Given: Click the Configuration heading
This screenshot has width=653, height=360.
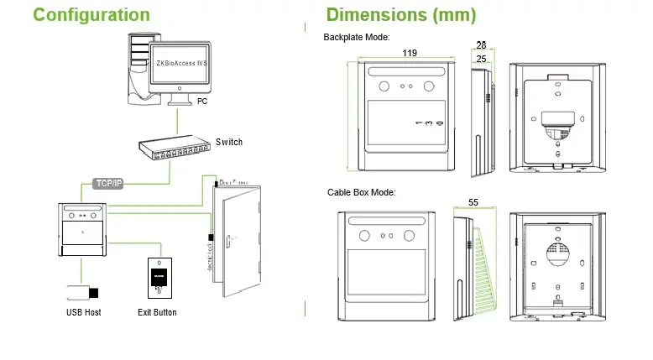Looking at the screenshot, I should (x=92, y=15).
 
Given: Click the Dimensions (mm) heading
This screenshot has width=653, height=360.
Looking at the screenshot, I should (x=400, y=15).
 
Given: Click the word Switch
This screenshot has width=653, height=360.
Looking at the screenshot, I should (x=228, y=142).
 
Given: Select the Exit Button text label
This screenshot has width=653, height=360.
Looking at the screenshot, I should (x=158, y=313).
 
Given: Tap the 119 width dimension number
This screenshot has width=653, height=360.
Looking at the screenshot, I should (x=410, y=54).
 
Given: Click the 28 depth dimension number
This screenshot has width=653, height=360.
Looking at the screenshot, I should (x=481, y=44).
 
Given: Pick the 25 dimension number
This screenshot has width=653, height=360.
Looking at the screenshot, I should (x=481, y=59).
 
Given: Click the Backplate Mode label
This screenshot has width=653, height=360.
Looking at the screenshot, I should (x=356, y=38).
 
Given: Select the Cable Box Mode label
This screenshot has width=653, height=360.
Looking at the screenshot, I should (x=361, y=193).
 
